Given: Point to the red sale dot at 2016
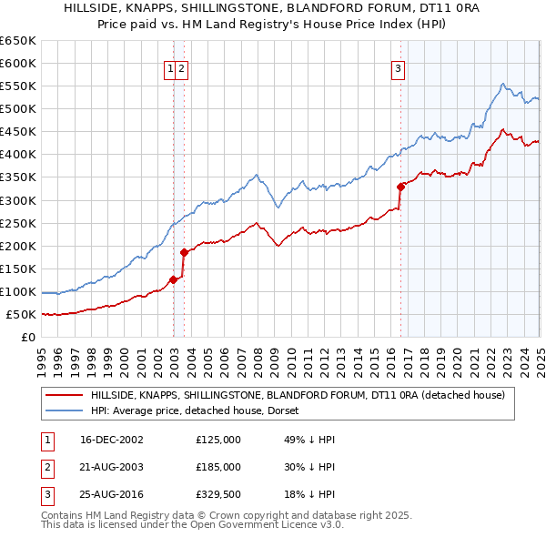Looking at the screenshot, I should coord(400,187).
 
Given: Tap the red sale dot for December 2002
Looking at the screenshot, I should coord(173,280).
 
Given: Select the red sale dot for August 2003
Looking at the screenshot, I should coord(184,252).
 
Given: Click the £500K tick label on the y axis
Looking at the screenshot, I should coord(18,108).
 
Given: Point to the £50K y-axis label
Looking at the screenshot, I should coord(22,314).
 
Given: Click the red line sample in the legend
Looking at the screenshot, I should coord(64,395).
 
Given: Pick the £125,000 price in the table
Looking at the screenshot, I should coord(218,440).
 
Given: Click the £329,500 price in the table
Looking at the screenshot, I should coord(218,494).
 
